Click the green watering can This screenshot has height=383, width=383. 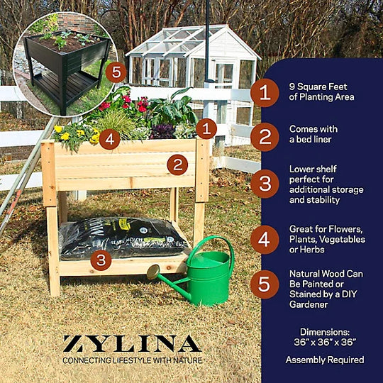click(208, 279)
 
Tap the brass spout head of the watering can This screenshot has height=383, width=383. click(153, 272)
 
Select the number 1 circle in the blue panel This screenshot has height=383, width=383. click(265, 93)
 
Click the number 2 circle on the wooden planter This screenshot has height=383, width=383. click(177, 165)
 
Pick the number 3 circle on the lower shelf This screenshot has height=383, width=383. click(101, 260)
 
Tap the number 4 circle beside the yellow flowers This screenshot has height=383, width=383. click(110, 139)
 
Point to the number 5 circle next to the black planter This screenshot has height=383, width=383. click(116, 72)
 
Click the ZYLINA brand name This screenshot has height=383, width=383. click(132, 343)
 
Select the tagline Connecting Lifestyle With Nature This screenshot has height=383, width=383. click(133, 360)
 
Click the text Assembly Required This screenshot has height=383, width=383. click(325, 360)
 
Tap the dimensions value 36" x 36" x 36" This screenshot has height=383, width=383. click(325, 342)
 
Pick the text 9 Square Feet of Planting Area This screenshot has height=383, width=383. click(321, 91)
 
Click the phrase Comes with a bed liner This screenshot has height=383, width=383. click(313, 134)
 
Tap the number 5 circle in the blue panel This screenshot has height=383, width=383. click(265, 284)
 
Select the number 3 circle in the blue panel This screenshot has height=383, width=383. click(265, 184)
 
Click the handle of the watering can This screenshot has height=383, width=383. click(212, 249)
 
